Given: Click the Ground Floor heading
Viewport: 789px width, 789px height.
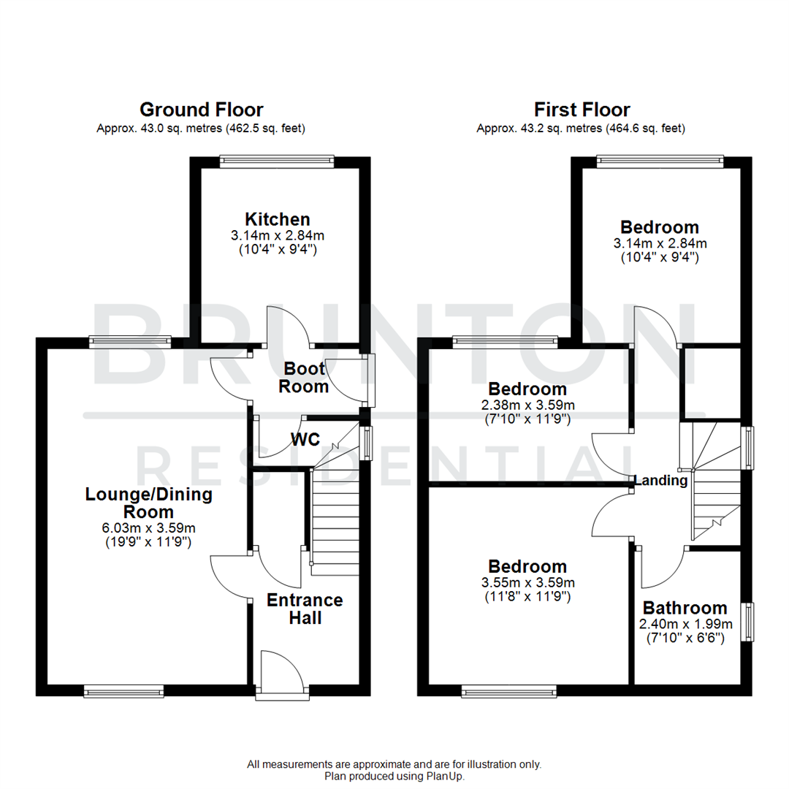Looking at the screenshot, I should coord(201,110).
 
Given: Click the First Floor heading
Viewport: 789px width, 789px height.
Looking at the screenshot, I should coord(582,110).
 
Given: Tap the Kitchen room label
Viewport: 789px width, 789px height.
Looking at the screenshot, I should coord(278,219).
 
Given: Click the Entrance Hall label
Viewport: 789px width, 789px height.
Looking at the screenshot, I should coord(305,609).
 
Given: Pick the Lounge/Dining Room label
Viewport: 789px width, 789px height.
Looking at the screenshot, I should coord(149,503).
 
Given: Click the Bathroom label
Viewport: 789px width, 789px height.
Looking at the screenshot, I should coord(685,608).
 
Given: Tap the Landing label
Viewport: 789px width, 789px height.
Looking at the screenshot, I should coord(660,481).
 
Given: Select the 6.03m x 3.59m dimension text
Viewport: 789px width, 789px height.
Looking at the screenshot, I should coord(149,528).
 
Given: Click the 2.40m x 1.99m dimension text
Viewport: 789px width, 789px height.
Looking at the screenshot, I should coord(685,624).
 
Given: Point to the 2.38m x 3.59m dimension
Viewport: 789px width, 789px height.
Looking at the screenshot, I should coord(527,405).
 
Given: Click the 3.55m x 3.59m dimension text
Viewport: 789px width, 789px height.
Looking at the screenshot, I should coord(527,582).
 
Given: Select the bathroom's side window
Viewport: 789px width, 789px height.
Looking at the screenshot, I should coord(748,621).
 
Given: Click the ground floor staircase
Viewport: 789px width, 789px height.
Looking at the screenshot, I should coord(336,519).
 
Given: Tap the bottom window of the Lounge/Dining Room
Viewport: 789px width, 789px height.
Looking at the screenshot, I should coord(123,690).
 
